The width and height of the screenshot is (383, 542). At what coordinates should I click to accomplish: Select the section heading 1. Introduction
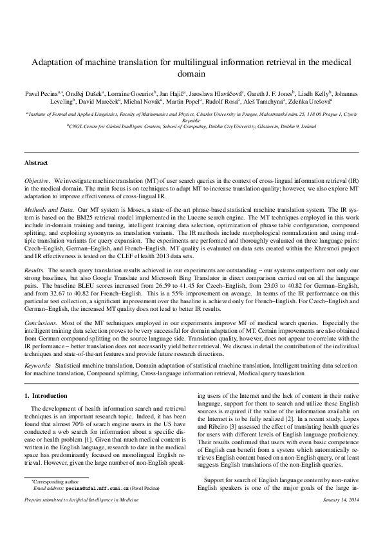[x=44, y=395]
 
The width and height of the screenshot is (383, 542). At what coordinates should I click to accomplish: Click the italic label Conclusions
[x=41, y=320]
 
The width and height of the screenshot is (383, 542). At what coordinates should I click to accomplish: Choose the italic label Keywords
[x=37, y=365]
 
